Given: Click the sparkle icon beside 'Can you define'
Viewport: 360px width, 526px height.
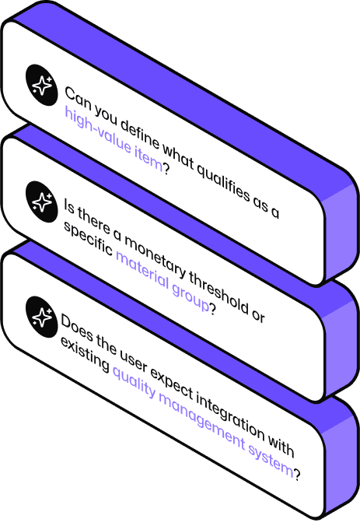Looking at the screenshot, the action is (41, 86).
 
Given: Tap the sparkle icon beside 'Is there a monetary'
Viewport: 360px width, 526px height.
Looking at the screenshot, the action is (41, 202).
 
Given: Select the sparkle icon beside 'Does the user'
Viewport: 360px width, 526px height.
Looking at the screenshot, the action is (41, 317).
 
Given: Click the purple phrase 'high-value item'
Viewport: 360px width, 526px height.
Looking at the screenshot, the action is (114, 139).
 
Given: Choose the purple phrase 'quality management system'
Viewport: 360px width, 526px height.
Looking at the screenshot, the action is (203, 420).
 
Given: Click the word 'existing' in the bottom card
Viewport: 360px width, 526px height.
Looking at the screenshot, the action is (85, 353).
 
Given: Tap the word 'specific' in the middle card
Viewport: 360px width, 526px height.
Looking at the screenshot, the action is (88, 238).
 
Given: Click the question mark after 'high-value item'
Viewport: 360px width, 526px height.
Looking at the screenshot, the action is (166, 167).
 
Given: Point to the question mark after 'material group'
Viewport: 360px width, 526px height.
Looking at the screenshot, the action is (212, 308).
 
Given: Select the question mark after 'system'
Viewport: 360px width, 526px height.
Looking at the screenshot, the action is (297, 473).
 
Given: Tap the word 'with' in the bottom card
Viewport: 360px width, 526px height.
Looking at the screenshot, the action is (281, 446).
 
